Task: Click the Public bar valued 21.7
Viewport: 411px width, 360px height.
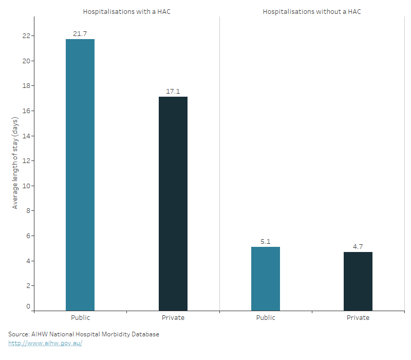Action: coord(80,175)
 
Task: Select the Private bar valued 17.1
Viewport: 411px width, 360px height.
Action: coord(173,204)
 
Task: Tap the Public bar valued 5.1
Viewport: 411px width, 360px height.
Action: coord(266,278)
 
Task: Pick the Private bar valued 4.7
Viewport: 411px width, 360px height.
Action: coord(358,281)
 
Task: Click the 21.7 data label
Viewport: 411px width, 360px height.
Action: coord(80,33)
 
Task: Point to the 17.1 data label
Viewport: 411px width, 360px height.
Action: coord(173,91)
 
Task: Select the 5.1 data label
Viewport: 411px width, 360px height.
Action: coord(266,241)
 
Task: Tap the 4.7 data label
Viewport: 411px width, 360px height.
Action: coord(358,246)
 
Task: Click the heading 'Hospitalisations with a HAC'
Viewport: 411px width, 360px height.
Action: coord(127,11)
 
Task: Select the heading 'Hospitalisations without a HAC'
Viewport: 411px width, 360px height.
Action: coord(312,11)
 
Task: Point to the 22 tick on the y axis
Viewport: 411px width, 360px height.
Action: coord(25,36)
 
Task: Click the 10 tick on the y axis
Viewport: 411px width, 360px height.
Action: coord(25,186)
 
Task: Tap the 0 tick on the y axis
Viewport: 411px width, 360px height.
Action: coord(28,307)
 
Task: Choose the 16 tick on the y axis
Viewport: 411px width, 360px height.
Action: coord(25,111)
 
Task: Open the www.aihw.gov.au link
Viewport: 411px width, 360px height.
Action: coord(45,343)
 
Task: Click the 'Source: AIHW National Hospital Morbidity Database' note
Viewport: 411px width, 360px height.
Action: coord(84,334)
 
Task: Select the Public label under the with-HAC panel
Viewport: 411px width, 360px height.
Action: coord(80,318)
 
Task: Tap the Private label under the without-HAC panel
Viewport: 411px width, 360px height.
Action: coord(358,318)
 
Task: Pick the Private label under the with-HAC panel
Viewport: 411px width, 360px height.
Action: coord(173,318)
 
